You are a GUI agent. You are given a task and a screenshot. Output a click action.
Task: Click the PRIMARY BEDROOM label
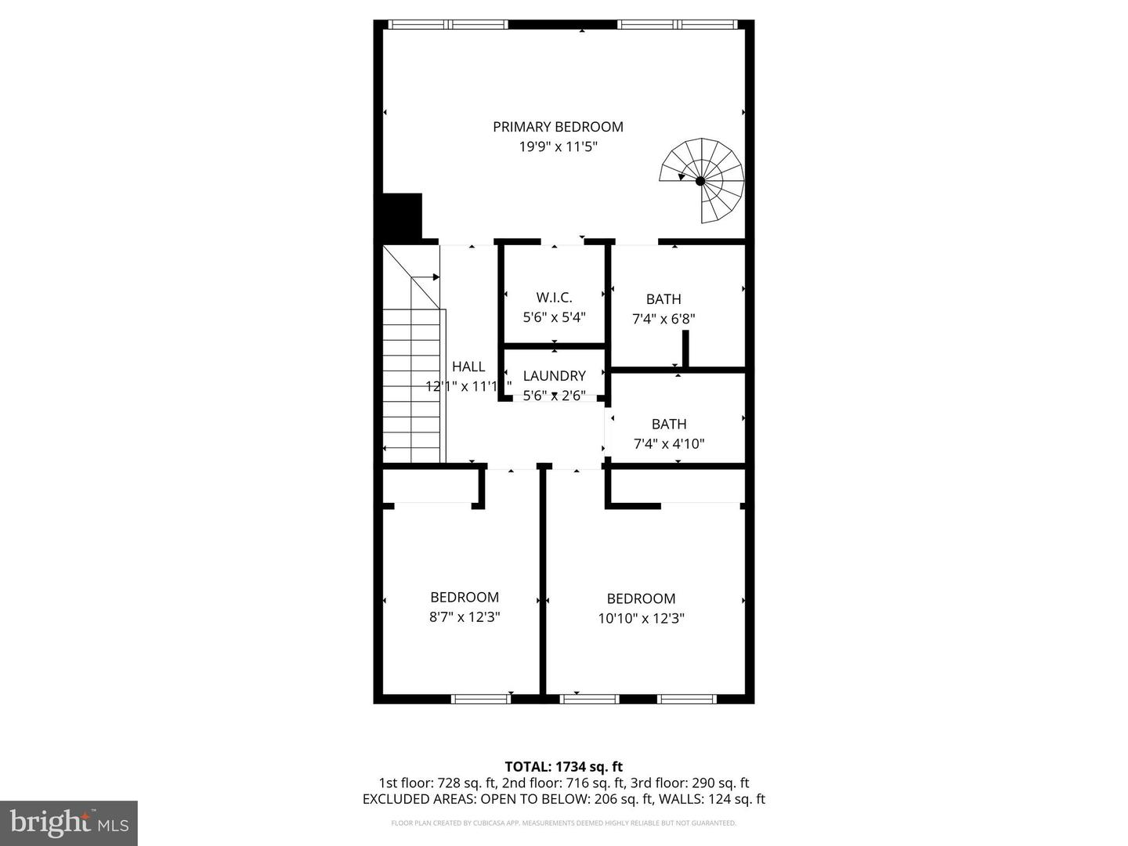point(558,127)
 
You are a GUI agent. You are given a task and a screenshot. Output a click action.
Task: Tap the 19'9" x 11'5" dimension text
point(558,146)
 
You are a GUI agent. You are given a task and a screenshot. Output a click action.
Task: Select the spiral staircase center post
point(700,181)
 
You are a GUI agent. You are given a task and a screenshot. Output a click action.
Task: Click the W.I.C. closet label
point(554,298)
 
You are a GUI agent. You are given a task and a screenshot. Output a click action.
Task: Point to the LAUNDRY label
point(554,376)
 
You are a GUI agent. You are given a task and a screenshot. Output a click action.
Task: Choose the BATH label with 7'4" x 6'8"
point(663,299)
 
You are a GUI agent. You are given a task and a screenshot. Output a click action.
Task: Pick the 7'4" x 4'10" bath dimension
point(669,444)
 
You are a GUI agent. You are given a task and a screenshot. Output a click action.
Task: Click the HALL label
point(468,367)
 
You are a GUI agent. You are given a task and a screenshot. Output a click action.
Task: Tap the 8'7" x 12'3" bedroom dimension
point(465,617)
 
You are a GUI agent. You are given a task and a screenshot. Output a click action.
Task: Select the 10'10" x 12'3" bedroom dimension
point(641,619)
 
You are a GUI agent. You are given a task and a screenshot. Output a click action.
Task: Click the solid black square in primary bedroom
point(402,216)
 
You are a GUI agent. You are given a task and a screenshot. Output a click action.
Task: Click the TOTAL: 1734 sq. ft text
point(563,767)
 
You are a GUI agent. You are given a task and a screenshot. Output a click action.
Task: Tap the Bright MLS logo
point(69,822)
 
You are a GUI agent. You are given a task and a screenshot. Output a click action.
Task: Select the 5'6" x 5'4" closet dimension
point(554,317)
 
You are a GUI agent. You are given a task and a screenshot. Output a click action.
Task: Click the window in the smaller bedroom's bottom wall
point(481,699)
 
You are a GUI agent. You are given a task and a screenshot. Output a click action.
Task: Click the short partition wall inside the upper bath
point(685,349)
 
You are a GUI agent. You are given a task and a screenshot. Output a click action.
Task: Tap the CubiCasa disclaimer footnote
point(563,823)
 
